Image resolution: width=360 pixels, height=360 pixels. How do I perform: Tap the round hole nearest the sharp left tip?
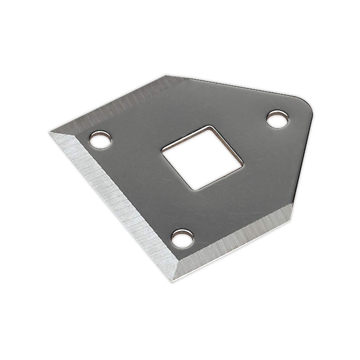point(100,139)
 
